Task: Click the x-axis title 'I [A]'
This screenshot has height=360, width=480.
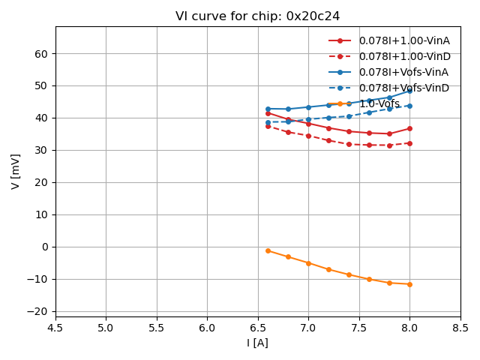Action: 257,343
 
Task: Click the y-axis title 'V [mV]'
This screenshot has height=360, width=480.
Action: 16,171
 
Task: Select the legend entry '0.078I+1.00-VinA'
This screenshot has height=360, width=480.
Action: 403,40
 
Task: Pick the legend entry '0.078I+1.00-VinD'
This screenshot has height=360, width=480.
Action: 403,56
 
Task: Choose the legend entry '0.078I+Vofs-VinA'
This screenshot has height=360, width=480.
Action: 403,72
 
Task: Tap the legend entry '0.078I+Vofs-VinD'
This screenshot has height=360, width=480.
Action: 403,88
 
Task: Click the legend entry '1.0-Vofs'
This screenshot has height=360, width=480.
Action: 379,103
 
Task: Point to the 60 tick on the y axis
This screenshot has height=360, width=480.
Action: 40,54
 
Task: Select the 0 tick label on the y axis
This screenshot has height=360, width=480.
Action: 44,247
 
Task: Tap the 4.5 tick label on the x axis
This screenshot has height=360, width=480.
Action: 55,327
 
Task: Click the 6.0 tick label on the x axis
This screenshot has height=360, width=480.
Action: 207,327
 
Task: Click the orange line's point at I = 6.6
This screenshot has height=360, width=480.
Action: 268,250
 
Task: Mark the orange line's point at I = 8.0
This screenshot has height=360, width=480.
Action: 409,284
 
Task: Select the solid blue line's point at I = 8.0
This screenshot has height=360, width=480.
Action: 409,91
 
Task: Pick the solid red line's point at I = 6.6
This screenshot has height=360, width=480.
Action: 268,113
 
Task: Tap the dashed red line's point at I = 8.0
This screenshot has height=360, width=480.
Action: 409,143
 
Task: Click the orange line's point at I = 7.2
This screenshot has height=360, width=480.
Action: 328,269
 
